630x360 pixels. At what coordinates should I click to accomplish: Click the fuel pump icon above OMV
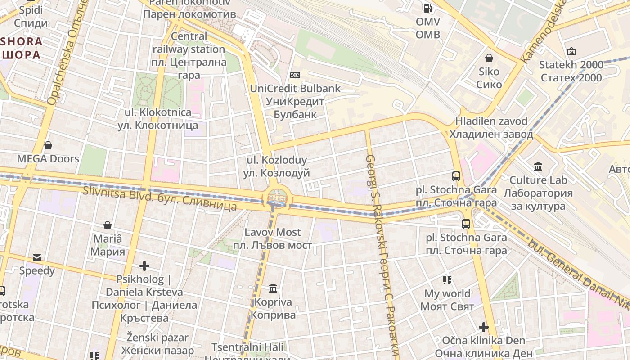(427, 8)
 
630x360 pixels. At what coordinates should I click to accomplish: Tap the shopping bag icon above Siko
(489, 58)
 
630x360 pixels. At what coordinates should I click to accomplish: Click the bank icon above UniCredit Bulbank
(295, 75)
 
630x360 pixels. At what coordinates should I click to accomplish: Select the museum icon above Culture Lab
(538, 167)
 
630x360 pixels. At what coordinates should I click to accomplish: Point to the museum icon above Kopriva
(273, 288)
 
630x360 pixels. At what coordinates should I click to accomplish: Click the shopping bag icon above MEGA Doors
(48, 145)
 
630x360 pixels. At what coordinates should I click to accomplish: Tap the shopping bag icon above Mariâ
(108, 225)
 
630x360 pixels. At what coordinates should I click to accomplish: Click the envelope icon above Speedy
(37, 258)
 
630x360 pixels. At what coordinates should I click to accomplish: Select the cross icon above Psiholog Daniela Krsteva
(144, 266)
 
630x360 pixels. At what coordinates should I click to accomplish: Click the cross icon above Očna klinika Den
(484, 327)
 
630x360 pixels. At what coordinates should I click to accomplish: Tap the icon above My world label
(447, 280)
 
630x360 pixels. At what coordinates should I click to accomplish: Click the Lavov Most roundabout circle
(277, 198)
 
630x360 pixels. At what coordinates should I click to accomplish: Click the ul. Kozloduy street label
(277, 166)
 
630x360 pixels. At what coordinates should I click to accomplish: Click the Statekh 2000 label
(571, 71)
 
